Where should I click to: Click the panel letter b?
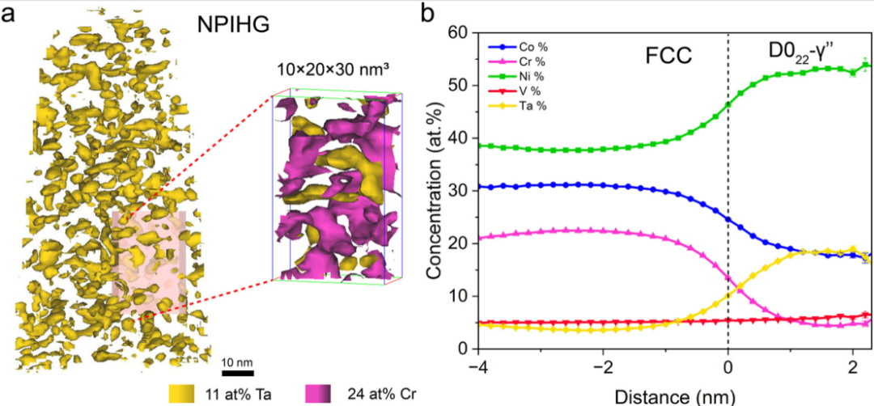pyautogui.click(x=431, y=15)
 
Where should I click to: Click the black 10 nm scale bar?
pyautogui.click(x=238, y=373)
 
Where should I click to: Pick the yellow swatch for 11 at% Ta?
pyautogui.click(x=184, y=394)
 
